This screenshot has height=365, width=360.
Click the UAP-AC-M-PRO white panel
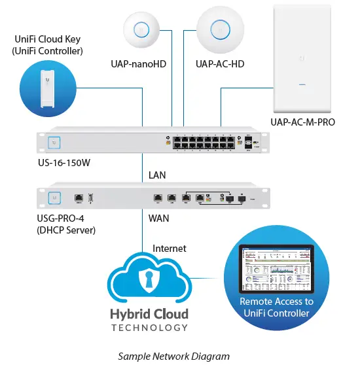(302, 63)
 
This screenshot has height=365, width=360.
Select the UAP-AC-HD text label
(220, 64)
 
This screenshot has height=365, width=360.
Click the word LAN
(158, 175)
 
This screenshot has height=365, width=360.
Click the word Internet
(170, 249)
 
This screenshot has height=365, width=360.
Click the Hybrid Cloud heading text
(149, 313)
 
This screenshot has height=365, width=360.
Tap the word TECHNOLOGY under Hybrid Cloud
(149, 328)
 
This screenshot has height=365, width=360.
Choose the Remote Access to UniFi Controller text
(276, 308)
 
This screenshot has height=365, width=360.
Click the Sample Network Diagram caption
(173, 356)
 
